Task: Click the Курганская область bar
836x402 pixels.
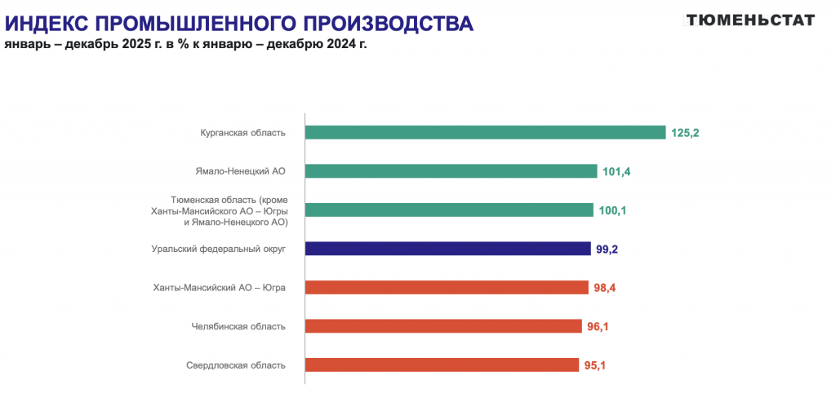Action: click(486, 132)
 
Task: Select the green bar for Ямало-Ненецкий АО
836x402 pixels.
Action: click(451, 171)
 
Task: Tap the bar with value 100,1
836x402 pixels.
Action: click(449, 210)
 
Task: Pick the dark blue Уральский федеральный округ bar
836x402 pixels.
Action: click(447, 249)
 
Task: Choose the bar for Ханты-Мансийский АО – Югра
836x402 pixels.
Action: click(447, 287)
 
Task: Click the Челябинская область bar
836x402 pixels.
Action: click(443, 326)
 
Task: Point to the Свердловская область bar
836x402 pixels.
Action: click(442, 364)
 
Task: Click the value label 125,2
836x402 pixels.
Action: click(685, 132)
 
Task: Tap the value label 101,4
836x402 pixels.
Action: click(616, 171)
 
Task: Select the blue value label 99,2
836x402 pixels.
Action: click(607, 250)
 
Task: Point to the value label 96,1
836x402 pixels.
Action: click(598, 326)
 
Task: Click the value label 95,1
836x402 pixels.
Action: click(594, 365)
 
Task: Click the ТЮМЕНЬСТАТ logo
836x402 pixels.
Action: click(749, 20)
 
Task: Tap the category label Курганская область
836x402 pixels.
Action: click(242, 133)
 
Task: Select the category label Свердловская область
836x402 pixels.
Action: click(236, 365)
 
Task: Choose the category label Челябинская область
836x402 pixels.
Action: click(238, 326)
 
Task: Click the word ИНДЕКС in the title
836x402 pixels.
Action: click(51, 24)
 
